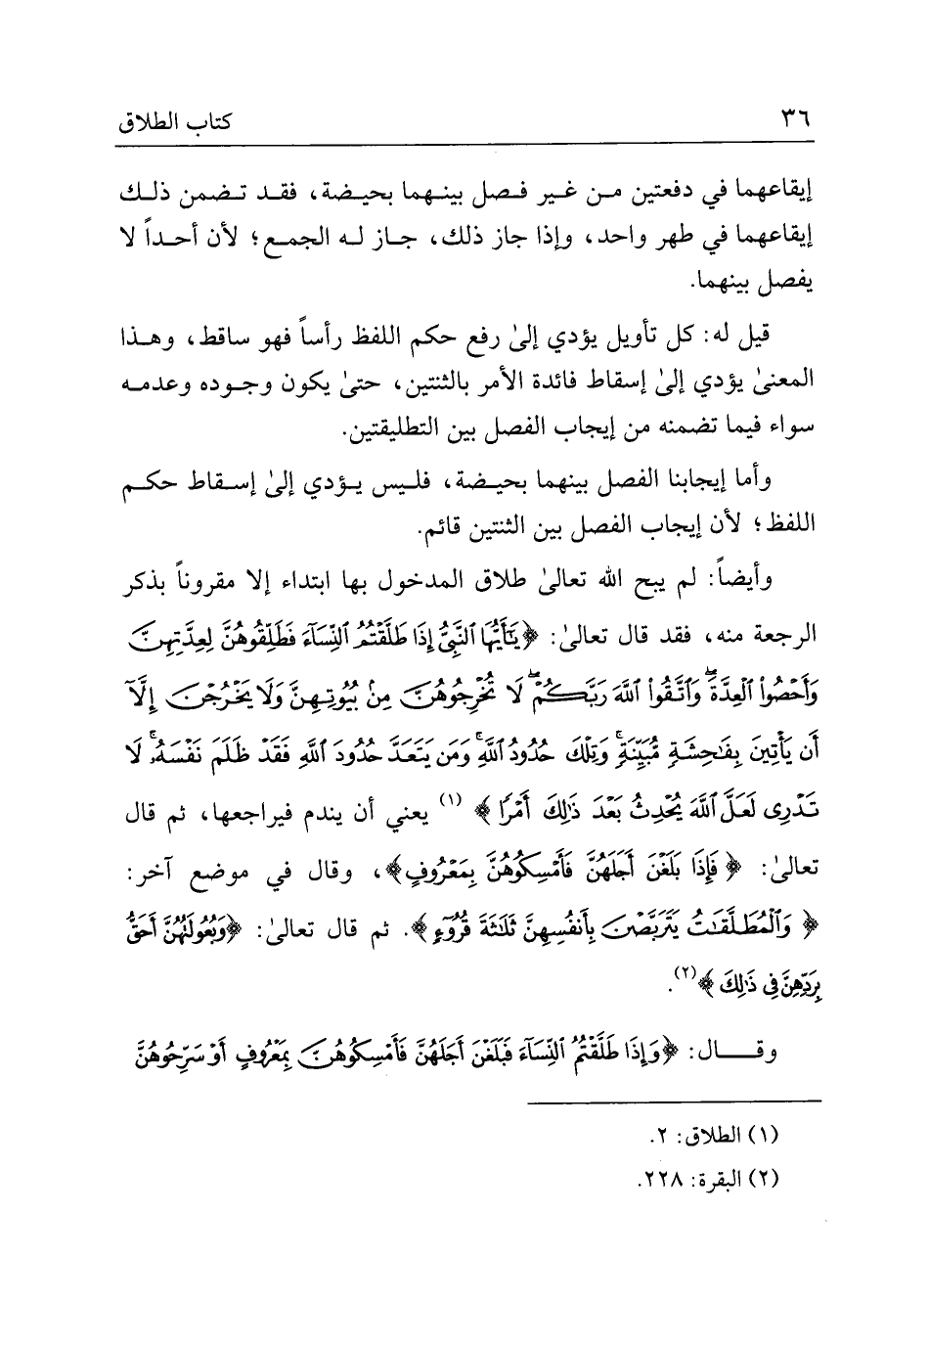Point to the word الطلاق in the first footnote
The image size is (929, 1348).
point(720,1137)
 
